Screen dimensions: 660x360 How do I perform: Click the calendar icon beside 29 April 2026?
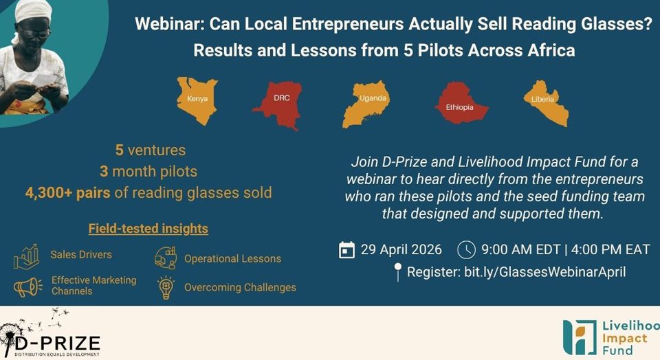point(346,250)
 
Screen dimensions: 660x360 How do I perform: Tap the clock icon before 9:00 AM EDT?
point(466,250)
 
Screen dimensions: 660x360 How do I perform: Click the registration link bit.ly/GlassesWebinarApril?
point(544,271)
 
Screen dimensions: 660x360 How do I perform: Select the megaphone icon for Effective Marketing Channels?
point(27,287)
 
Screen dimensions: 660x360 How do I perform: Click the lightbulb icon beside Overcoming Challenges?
point(166,287)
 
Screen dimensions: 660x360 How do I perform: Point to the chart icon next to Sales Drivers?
point(27,256)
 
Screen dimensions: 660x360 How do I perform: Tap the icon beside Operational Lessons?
point(166,258)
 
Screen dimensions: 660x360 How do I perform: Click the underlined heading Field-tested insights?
point(148,228)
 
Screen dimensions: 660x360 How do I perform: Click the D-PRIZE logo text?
point(57,344)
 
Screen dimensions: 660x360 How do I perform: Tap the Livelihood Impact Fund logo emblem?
point(580,337)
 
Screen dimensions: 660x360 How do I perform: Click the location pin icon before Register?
point(397,271)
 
